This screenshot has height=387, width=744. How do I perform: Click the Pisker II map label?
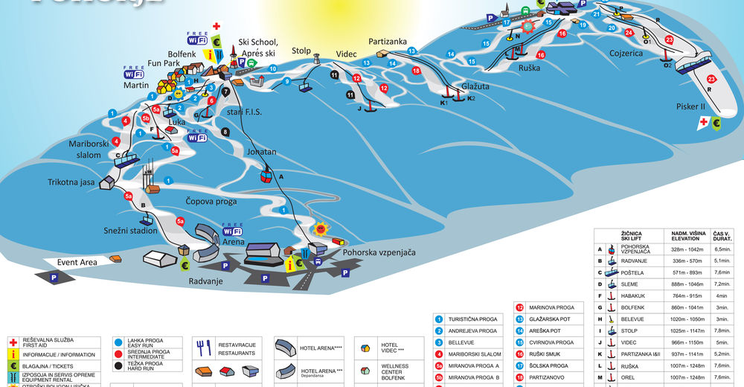(691, 106)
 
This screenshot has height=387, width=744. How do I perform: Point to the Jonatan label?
(261, 152)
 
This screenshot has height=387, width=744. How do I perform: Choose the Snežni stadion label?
(131, 231)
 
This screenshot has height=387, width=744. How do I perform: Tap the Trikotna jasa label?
(71, 182)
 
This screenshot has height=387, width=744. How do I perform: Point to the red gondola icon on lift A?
(264, 176)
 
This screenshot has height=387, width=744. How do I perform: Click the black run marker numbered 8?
(225, 132)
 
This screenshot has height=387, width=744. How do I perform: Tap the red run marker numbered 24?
(629, 33)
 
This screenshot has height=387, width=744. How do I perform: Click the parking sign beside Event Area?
(53, 277)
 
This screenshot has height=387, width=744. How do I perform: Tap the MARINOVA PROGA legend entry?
(551, 307)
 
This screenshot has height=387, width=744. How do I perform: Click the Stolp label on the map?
(301, 51)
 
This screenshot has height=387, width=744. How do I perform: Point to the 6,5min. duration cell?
(723, 249)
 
